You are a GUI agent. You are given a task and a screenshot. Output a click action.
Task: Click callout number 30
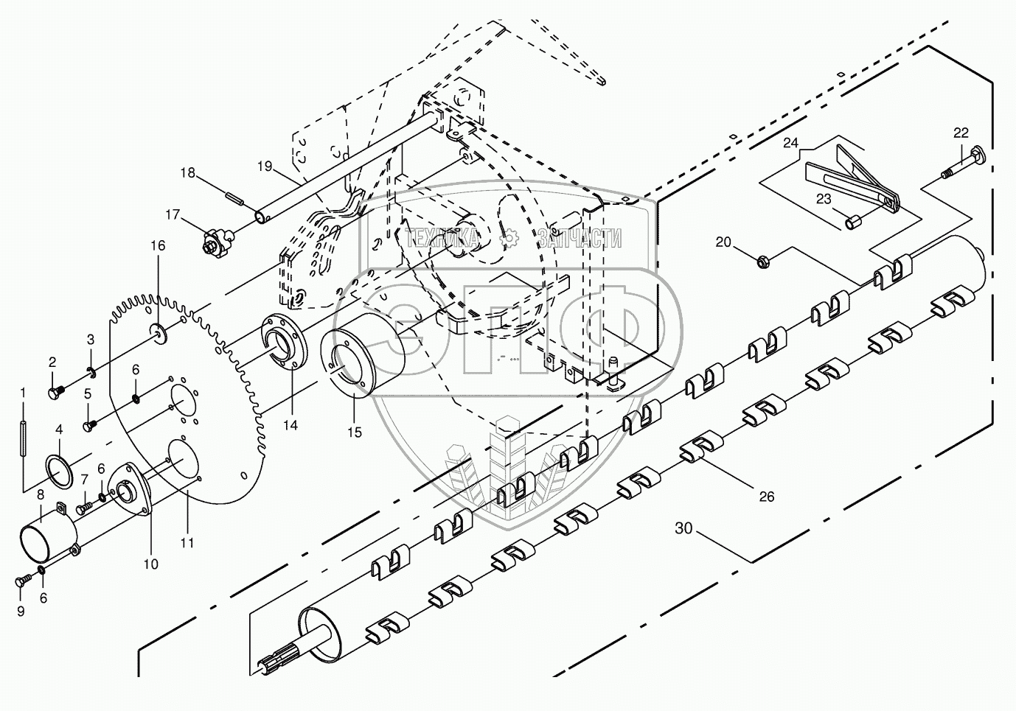683,528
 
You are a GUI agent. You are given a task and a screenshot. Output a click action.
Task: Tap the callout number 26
767,497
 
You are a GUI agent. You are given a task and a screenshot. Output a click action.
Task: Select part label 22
961,133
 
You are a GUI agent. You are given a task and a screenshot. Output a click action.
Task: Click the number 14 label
290,425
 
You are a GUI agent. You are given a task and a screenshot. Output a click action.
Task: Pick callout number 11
187,542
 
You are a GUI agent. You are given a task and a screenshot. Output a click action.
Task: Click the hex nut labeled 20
764,259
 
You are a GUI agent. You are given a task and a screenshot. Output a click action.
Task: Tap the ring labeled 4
59,472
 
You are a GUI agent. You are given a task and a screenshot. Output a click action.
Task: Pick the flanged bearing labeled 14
284,345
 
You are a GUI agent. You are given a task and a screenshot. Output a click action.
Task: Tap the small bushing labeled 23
854,219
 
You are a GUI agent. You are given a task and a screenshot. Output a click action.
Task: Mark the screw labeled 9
20,582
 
